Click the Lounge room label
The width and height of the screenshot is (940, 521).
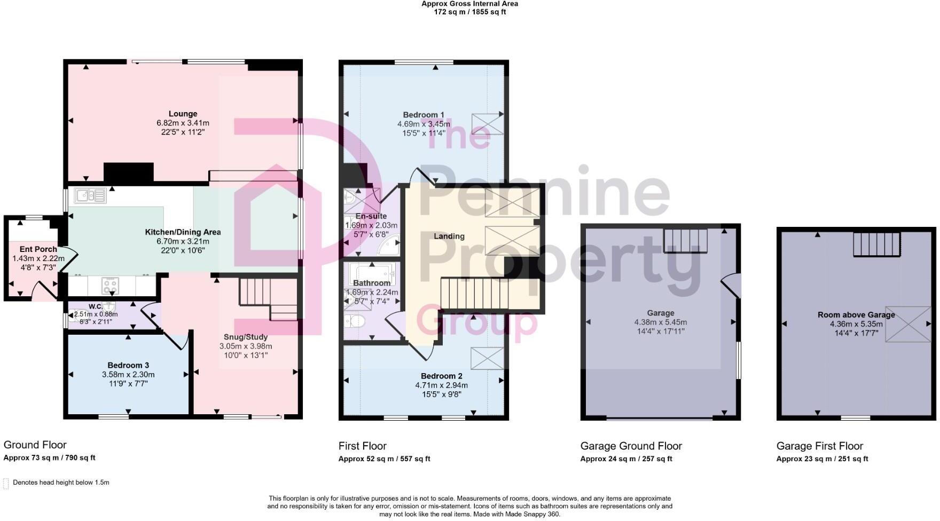tap(183, 114)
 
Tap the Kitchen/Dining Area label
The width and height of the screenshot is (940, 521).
tap(183, 232)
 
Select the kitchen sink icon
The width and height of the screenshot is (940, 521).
tap(90, 196)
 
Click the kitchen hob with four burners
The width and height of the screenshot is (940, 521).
tap(111, 285)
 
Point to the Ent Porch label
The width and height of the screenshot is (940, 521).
tap(38, 249)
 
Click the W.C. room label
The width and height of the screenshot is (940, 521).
tap(96, 306)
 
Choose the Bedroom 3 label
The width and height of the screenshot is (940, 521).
tap(128, 365)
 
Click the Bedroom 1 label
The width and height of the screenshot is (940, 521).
tap(424, 115)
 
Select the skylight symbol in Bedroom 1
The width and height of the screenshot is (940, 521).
tap(487, 124)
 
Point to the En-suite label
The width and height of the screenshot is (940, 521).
tap(371, 216)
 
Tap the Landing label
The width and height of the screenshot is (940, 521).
tap(449, 236)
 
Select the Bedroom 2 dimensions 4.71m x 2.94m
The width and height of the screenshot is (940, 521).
tap(441, 385)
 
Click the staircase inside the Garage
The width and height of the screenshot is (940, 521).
tap(685, 241)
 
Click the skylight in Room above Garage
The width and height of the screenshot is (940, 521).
tap(908, 324)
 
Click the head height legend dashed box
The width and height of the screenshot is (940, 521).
tap(6, 483)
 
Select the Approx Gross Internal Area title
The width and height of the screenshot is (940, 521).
tap(469, 4)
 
